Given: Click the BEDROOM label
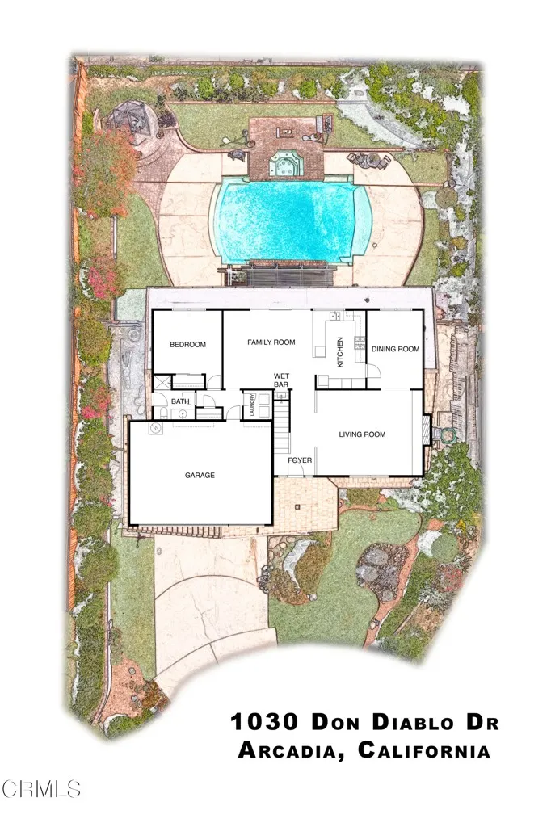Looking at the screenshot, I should click(x=187, y=345).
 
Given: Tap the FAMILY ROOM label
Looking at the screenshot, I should click(x=271, y=342).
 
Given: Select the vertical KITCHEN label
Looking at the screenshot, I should click(x=340, y=352).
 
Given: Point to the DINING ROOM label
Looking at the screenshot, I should click(x=395, y=349).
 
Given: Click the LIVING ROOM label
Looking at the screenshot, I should click(x=361, y=434).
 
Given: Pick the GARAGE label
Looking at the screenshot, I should click(x=200, y=475).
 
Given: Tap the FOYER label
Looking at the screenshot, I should click(x=300, y=460).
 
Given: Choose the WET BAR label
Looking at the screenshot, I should click(x=281, y=380).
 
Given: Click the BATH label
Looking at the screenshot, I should click(x=179, y=401).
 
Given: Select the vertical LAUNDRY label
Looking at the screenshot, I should click(x=254, y=404).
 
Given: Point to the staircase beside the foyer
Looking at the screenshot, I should click(x=281, y=428).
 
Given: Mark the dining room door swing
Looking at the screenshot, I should click(x=374, y=370).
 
